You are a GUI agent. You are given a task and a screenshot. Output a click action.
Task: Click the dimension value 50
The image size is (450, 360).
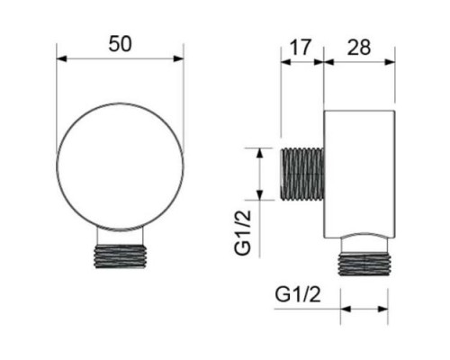[x=120, y=41]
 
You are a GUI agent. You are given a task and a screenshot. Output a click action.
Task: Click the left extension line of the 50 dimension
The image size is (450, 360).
[x=57, y=99]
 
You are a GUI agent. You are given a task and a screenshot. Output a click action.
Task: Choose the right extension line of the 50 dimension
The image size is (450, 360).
[x=184, y=99]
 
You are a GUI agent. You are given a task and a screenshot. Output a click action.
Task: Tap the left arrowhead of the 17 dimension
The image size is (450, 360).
[x=286, y=63]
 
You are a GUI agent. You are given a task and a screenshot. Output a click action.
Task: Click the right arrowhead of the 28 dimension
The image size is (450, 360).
[x=390, y=63]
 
